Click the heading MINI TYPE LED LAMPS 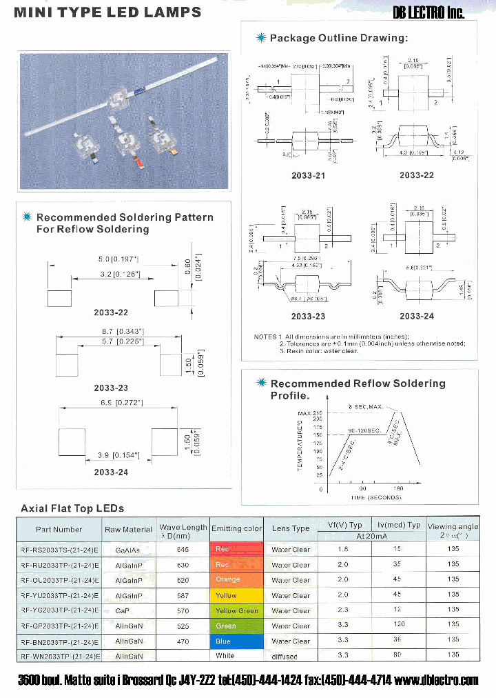tap(108, 12)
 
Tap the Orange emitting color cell tap(236, 580)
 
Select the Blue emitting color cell tap(236, 641)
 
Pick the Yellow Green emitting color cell tap(236, 610)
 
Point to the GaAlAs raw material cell tap(128, 550)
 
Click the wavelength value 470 tap(183, 641)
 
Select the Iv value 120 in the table tap(397, 626)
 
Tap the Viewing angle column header tap(453, 530)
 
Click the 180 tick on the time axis tap(398, 489)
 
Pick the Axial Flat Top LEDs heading tap(72, 508)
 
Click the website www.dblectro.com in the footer tap(437, 680)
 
